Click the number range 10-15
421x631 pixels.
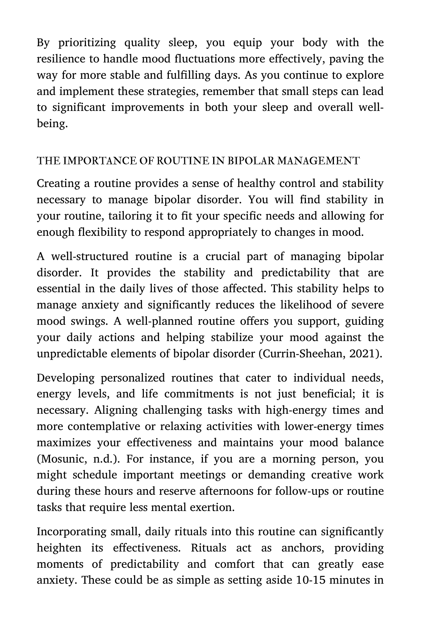[x=309, y=580]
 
